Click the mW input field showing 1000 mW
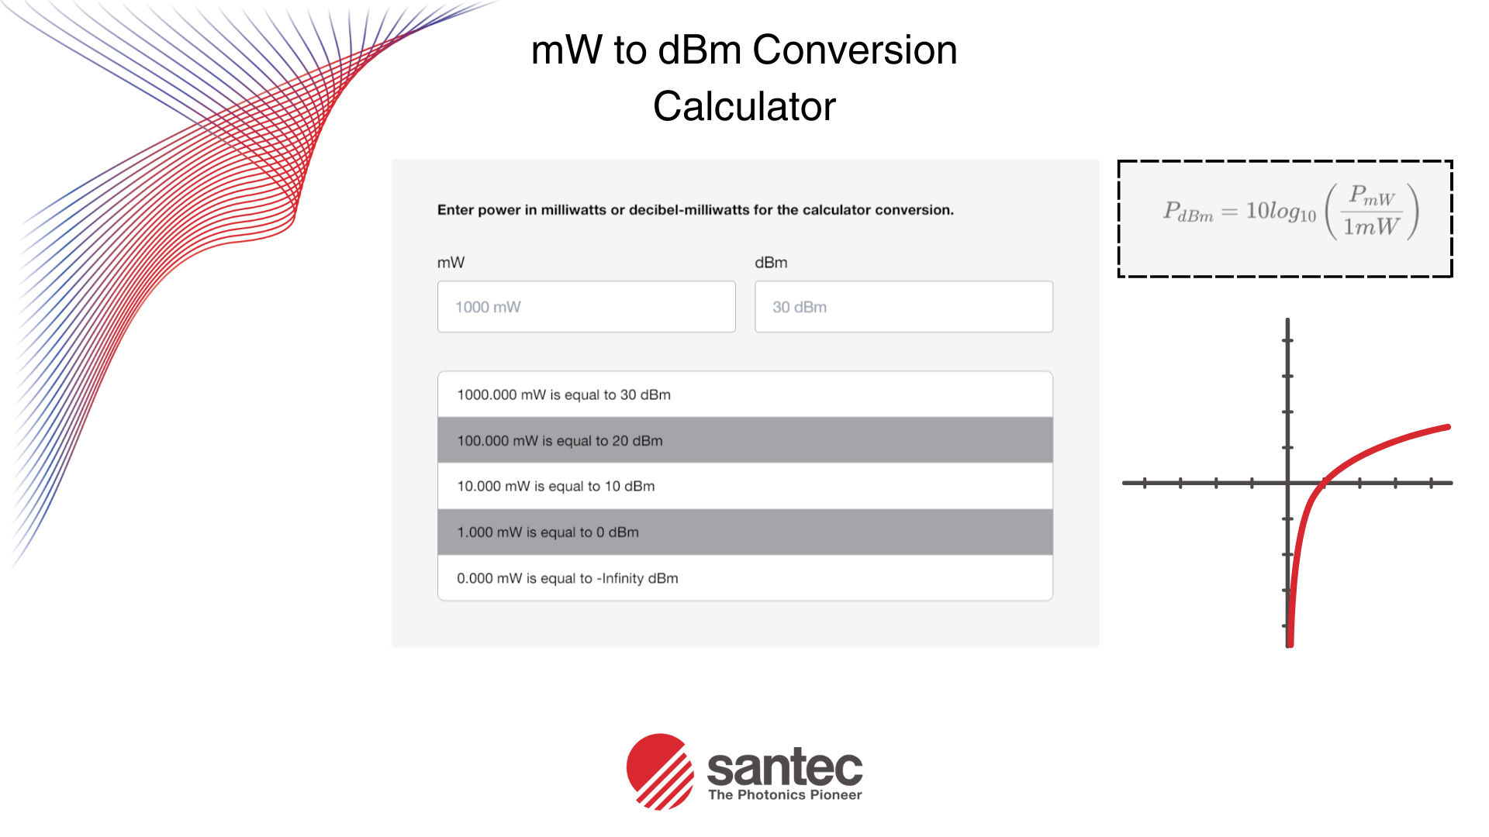point(586,307)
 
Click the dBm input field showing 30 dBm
point(903,307)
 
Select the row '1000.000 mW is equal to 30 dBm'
point(744,394)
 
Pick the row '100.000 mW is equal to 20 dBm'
point(744,440)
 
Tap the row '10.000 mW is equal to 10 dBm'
point(744,486)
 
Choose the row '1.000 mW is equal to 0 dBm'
point(744,532)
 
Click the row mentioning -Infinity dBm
point(744,578)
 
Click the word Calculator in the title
point(744,106)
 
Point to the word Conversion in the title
point(855,50)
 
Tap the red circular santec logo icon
point(660,771)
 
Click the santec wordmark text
point(784,766)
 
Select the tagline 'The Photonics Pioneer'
point(785,795)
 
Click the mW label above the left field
point(451,263)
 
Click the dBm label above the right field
point(771,263)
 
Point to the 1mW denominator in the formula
point(1371,227)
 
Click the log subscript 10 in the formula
point(1308,216)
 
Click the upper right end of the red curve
point(1446,427)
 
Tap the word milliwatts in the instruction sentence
point(573,210)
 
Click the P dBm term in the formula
point(1187,212)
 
